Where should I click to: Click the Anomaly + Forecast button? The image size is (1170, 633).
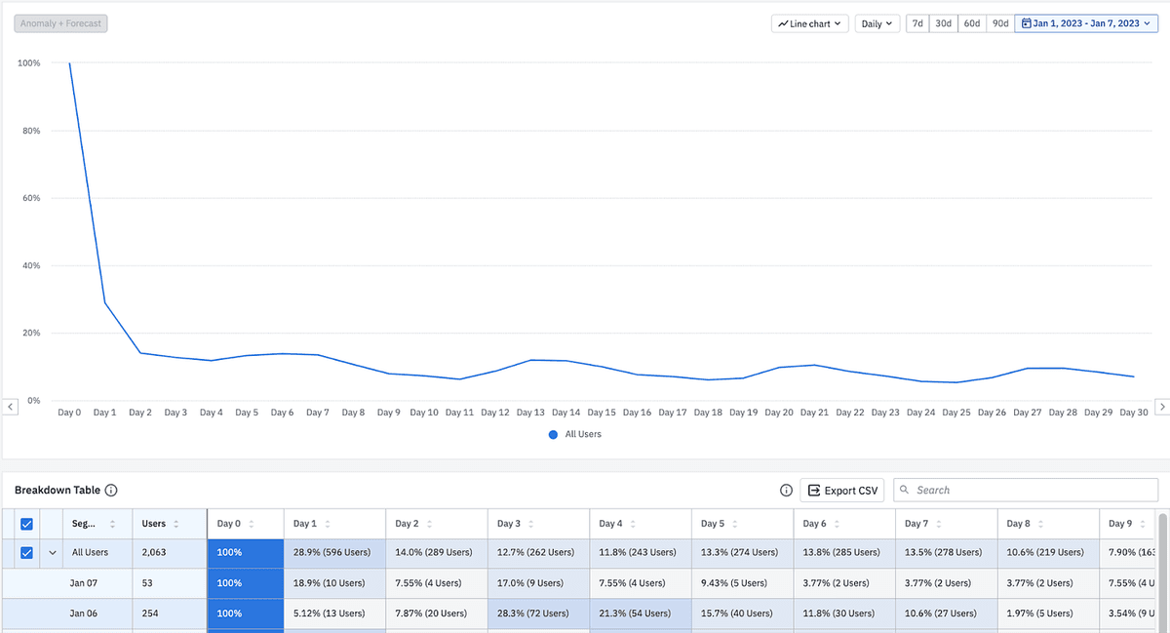click(60, 23)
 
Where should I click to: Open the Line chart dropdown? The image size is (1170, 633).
click(809, 23)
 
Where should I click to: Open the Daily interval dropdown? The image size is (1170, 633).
click(877, 23)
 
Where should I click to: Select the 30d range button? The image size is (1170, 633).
click(944, 23)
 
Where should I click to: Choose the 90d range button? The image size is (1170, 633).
click(1000, 23)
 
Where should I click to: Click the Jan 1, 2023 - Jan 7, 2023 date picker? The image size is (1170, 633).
click(1086, 23)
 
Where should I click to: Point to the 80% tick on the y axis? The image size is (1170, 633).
click(31, 131)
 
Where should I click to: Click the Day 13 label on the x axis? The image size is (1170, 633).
click(530, 413)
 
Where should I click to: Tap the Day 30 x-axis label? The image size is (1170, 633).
click(1134, 413)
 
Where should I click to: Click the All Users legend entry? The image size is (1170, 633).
click(575, 434)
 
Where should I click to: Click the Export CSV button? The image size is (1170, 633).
click(842, 491)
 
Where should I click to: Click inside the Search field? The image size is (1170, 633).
click(1026, 491)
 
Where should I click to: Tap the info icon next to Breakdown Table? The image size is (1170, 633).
click(111, 491)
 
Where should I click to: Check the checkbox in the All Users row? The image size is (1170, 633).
click(26, 552)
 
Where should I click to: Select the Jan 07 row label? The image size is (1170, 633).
click(84, 583)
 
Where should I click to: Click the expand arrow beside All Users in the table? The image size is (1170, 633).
click(53, 552)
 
